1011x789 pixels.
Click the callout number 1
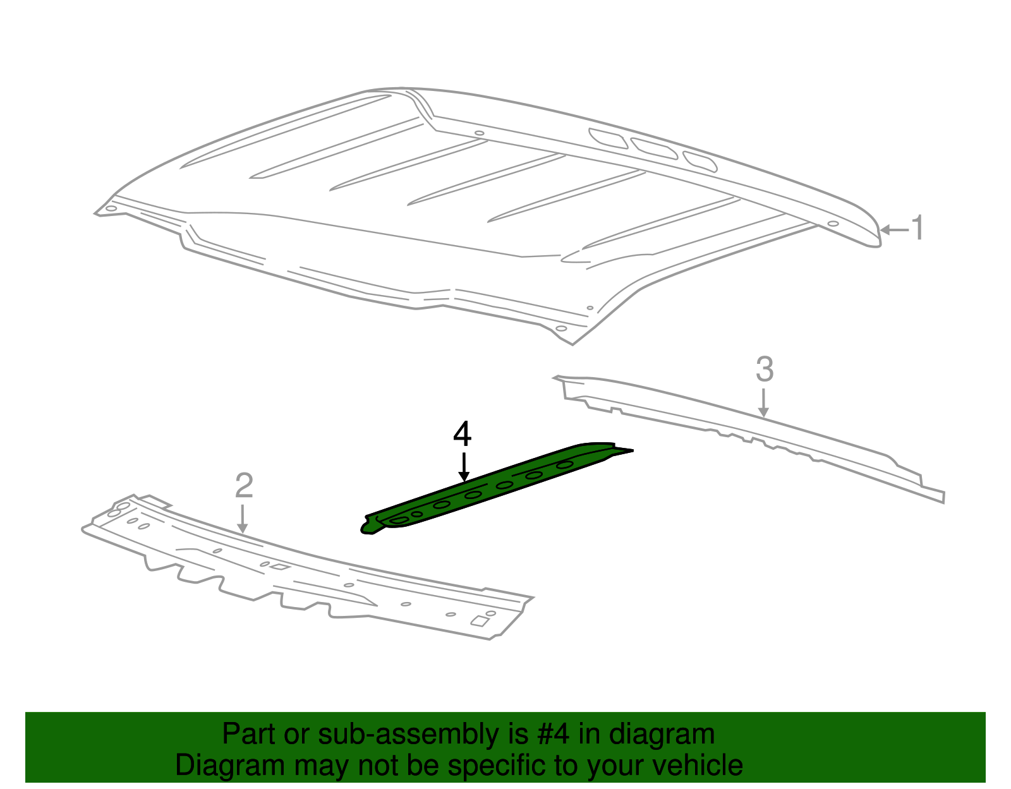click(x=917, y=228)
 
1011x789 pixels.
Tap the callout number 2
click(x=244, y=486)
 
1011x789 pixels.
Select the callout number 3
click(x=765, y=370)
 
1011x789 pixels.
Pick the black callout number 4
click(x=463, y=435)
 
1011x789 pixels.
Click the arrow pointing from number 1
click(x=893, y=230)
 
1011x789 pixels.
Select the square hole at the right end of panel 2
click(x=480, y=622)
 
